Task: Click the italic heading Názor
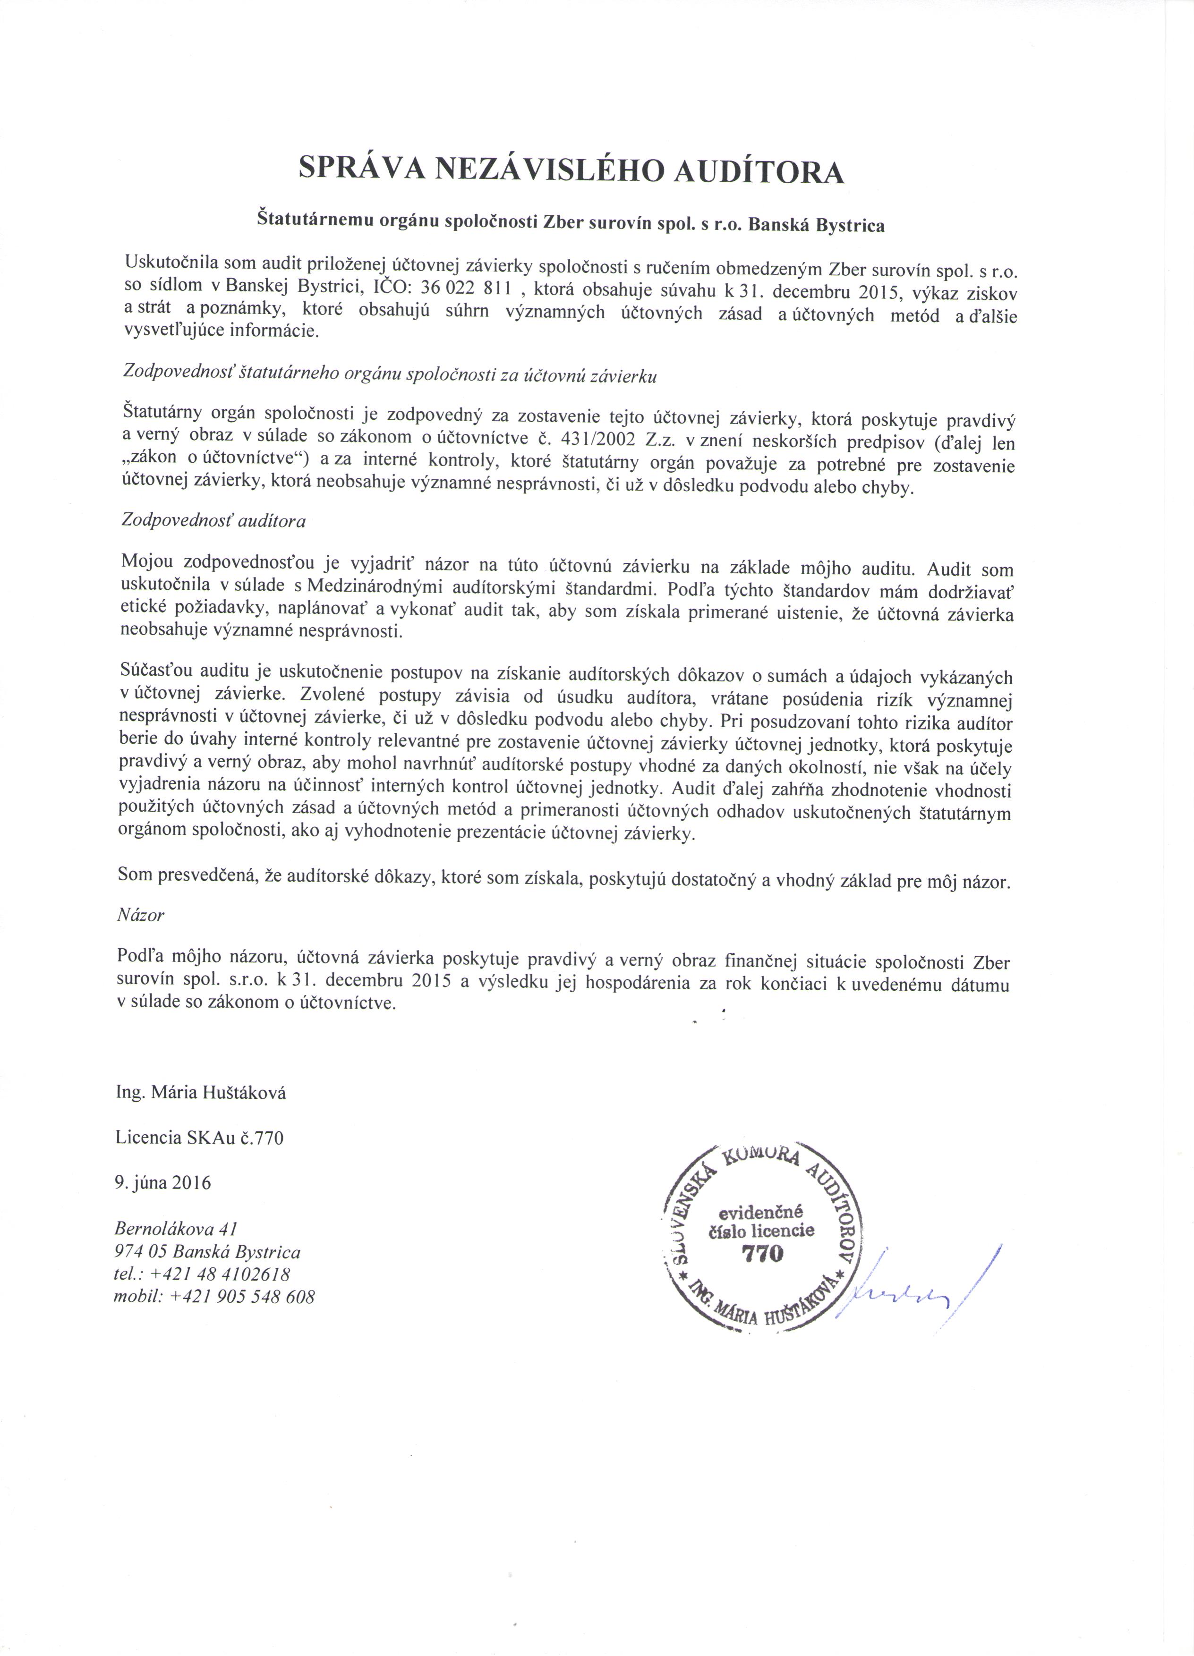coord(140,915)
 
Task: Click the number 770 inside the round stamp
coord(761,1255)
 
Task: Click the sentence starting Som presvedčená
coord(563,881)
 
